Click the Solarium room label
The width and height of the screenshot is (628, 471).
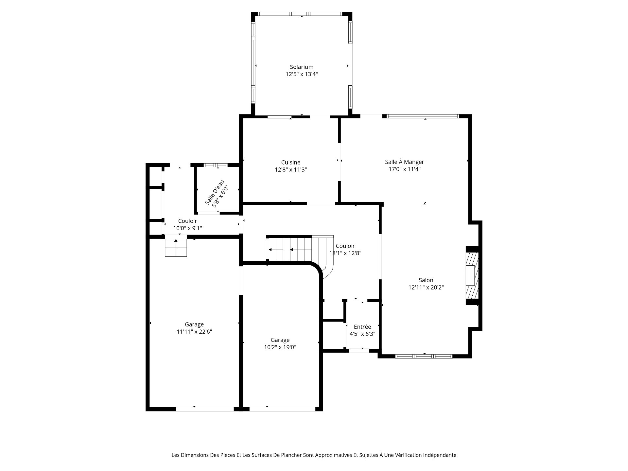pos(302,67)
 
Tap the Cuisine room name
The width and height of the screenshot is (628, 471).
pos(291,162)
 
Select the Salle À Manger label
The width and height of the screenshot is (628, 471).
pos(405,162)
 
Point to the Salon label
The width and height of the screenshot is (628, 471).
pos(426,280)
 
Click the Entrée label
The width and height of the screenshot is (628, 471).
pos(362,327)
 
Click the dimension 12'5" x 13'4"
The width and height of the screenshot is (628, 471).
pos(302,74)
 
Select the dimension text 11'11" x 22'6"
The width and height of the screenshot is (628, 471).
pos(194,332)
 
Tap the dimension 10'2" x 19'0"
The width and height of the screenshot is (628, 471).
pos(280,347)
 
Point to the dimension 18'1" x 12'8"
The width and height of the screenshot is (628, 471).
pos(345,253)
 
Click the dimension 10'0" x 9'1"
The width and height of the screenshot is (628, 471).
pos(188,228)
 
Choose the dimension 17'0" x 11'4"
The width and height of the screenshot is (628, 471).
pos(405,169)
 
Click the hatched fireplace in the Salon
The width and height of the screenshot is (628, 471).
pos(472,275)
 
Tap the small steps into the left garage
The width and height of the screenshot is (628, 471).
pos(176,248)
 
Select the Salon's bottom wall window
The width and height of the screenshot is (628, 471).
pos(424,356)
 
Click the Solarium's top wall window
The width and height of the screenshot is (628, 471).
pos(300,14)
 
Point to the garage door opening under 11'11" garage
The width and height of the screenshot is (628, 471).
pos(205,409)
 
